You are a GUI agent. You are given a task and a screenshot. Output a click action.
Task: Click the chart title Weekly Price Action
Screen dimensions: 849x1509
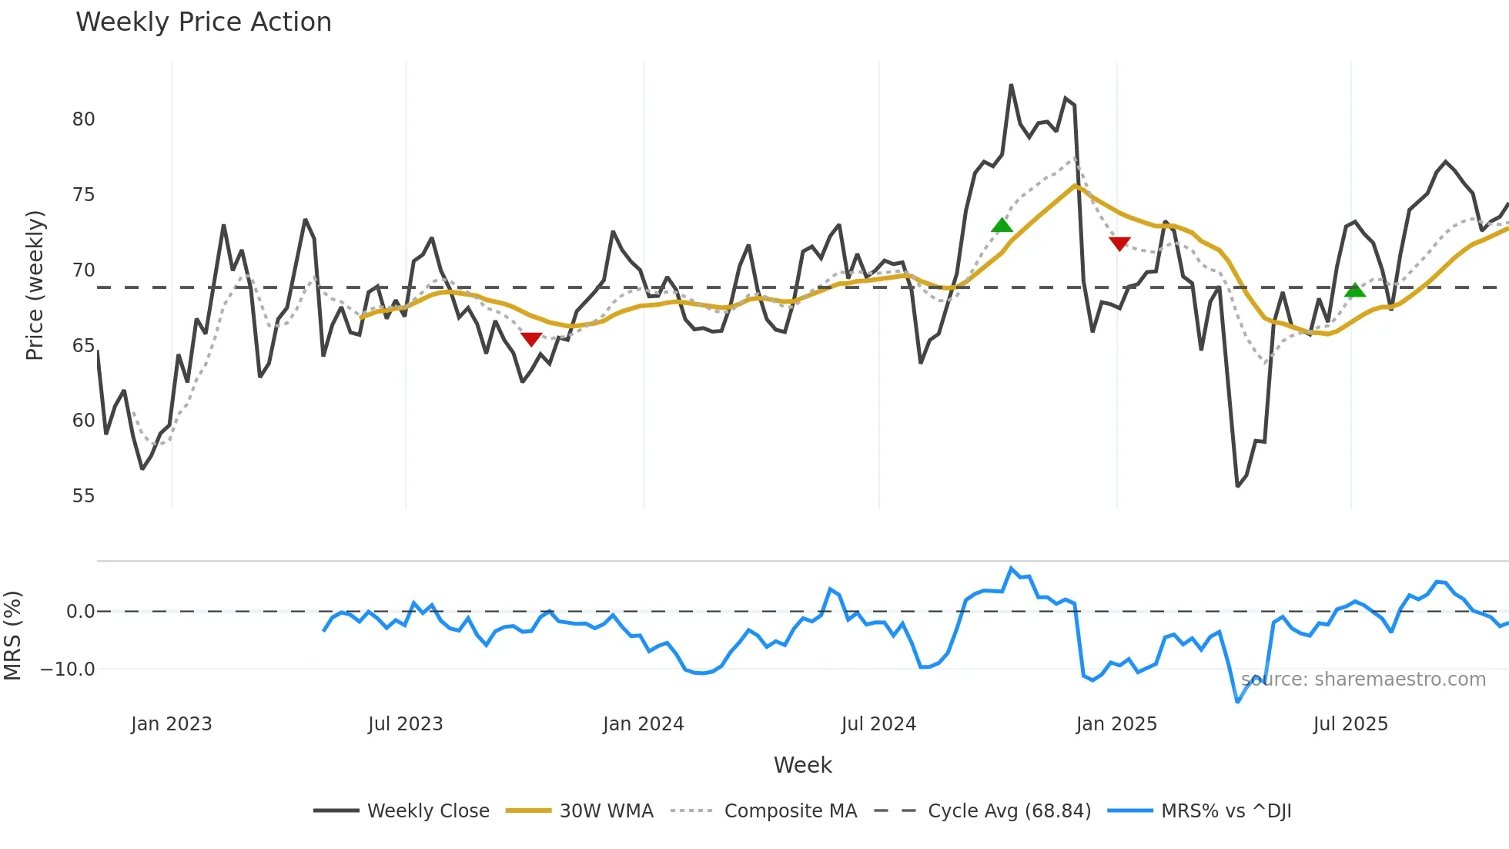[x=203, y=22]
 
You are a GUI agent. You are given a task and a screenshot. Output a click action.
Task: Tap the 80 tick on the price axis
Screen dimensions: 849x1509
[x=83, y=119]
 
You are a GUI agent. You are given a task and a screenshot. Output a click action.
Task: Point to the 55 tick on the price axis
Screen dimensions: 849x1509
[x=83, y=496]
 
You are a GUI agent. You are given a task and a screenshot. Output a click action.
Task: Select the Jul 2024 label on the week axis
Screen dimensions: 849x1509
[x=878, y=724]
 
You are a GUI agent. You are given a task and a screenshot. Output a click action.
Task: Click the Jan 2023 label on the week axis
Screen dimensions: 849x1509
[x=171, y=724]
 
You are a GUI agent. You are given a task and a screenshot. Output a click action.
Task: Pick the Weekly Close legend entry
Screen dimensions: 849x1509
[x=402, y=811]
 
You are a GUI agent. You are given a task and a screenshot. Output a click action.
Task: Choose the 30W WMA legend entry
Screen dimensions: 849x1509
[x=581, y=811]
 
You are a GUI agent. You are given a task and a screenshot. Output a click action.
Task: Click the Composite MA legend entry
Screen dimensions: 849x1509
[x=764, y=811]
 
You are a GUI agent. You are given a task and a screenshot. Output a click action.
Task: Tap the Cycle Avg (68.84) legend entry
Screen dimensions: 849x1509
[x=983, y=811]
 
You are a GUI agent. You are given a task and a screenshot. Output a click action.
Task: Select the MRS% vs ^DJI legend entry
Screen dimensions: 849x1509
[x=1200, y=811]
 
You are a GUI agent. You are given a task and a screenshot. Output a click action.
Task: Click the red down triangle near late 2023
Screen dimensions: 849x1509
[x=531, y=339]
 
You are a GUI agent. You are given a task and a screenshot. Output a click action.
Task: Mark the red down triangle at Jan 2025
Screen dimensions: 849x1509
[x=1119, y=243]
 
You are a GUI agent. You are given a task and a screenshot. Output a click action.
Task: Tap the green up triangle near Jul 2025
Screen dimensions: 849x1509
[x=1355, y=290]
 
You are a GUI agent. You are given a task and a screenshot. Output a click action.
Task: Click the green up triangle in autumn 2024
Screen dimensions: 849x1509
[x=1002, y=225]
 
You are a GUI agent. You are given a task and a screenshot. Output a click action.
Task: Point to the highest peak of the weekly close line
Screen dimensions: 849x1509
[x=1011, y=86]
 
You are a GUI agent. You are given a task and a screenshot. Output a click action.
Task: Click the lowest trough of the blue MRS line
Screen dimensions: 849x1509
[x=1237, y=701]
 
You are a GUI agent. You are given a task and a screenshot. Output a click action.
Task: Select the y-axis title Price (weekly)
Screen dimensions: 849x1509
[x=35, y=285]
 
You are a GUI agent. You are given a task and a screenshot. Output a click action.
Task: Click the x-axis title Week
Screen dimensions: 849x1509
[x=802, y=765]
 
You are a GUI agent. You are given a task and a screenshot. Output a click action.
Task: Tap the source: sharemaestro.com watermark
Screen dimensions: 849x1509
[x=1363, y=680]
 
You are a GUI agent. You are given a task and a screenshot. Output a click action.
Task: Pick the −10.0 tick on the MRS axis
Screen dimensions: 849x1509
[x=68, y=669]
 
